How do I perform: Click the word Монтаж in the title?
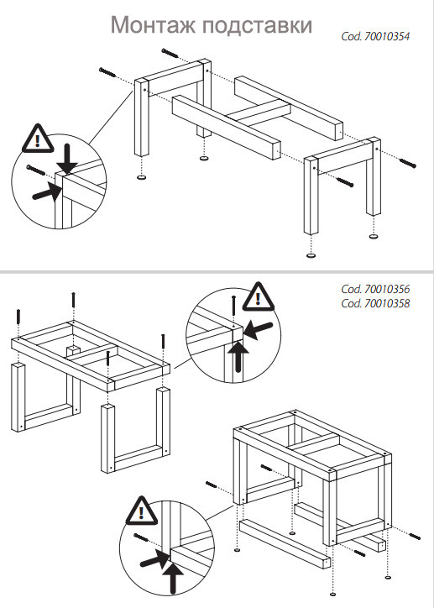[154, 25]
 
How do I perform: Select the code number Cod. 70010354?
[375, 36]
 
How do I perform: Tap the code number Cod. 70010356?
[375, 289]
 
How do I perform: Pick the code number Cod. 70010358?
[375, 303]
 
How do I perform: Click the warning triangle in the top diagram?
[37, 139]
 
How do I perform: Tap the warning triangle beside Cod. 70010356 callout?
[259, 297]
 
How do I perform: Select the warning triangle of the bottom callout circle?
[141, 511]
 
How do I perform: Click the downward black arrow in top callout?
[69, 159]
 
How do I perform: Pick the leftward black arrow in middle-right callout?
[258, 329]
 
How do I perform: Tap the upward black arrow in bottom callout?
[174, 577]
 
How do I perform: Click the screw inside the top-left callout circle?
[38, 170]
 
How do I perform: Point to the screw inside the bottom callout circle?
[144, 538]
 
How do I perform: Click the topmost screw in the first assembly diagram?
[170, 53]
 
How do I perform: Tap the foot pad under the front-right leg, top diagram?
[311, 255]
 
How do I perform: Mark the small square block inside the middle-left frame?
[73, 351]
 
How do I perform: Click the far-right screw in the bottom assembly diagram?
[415, 537]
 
